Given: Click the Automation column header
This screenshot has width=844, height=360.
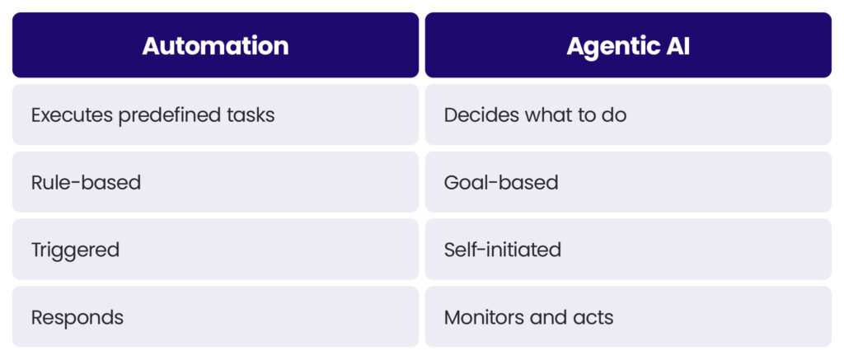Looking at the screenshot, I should (x=215, y=45).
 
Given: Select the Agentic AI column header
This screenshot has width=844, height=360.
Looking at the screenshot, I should (x=628, y=45).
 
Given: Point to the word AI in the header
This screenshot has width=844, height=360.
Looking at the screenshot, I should (x=675, y=45).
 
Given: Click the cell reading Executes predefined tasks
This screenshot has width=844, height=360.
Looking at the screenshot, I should (x=215, y=115).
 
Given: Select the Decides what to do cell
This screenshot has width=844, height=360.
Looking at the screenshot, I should (x=628, y=115).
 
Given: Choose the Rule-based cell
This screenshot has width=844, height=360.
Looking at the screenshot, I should (x=215, y=182).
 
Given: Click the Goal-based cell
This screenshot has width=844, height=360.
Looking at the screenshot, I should (x=628, y=182).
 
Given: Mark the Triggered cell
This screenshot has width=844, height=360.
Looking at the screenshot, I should (x=215, y=250).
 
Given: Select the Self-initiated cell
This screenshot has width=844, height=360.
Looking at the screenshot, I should (x=628, y=250).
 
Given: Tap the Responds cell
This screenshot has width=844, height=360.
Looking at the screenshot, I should (x=215, y=317).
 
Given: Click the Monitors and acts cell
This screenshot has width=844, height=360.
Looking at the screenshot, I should (x=628, y=317).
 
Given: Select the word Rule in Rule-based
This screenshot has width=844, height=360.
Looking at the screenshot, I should (x=50, y=182).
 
